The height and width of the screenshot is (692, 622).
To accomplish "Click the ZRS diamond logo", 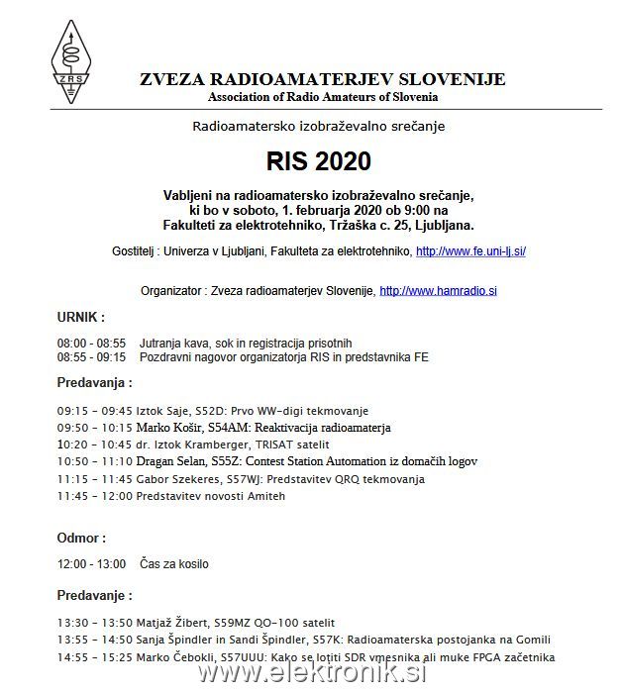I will tap(69, 61).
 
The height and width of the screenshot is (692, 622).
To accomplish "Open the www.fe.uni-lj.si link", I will tap(470, 252).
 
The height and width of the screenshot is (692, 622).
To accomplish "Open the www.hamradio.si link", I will tap(438, 291).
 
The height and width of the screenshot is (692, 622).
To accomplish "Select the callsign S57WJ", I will tap(246, 479).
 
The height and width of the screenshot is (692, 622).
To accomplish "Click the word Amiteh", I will tap(265, 496).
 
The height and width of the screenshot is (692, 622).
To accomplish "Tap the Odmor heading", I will tap(81, 538).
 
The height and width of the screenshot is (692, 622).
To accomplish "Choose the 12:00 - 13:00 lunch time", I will tap(91, 564).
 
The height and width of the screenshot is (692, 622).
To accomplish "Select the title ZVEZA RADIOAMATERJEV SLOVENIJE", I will tap(323, 79).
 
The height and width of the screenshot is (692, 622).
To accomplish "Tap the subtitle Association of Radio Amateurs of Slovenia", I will tap(323, 97).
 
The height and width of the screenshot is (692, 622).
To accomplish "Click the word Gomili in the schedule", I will tap(531, 640).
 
